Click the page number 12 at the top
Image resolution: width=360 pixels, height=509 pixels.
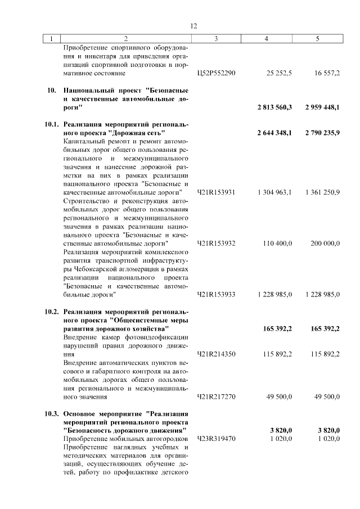pos(193,26)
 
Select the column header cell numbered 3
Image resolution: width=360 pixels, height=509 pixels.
pos(216,39)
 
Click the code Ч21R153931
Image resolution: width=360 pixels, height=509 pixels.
pos(217,192)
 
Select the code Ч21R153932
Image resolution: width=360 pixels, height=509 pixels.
pos(217,243)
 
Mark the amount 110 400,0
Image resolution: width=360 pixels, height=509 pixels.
pos(277,243)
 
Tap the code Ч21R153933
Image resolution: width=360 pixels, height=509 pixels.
pos(217,294)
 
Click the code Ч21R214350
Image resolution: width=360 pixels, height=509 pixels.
pos(217,354)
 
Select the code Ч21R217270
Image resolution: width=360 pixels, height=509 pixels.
pos(217,397)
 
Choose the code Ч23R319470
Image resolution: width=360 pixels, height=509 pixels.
pos(217,438)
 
